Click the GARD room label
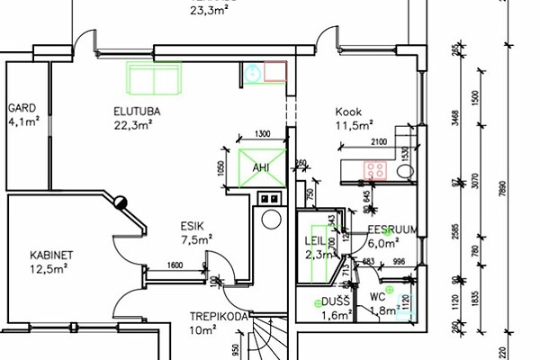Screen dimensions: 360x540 [21, 107]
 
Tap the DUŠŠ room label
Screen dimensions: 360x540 [336, 301]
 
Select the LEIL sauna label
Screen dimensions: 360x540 [315, 242]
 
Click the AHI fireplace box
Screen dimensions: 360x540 [260, 168]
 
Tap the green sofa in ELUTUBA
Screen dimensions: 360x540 [153, 80]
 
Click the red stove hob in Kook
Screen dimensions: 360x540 [376, 168]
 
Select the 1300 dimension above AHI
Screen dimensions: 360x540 [262, 134]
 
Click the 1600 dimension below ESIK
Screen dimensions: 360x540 [175, 264]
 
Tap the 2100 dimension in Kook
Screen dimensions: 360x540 [378, 142]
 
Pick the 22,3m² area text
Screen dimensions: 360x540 [133, 125]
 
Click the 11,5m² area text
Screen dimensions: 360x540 [355, 126]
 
